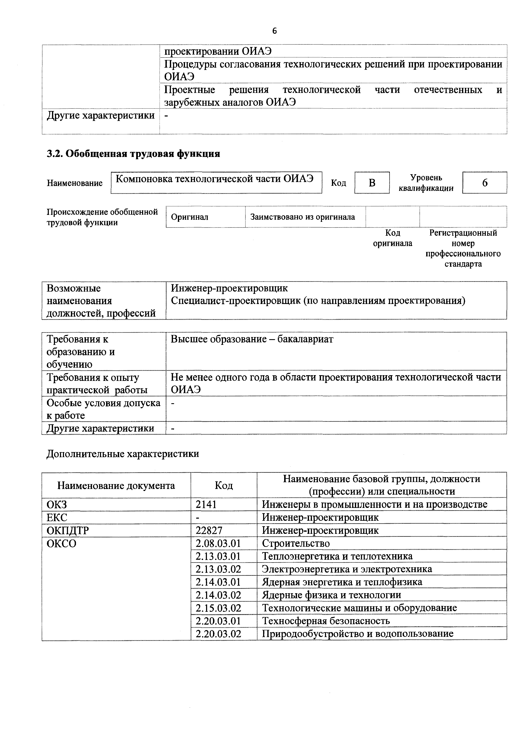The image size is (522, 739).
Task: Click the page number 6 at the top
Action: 274,31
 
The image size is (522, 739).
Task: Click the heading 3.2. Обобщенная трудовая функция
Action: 133,154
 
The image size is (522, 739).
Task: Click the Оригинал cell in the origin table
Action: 190,217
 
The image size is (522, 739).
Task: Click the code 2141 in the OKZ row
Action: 206,504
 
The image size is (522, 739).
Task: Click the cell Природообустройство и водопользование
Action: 357,634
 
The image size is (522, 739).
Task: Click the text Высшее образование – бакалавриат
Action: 252,339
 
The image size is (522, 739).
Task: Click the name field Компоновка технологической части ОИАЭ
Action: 214,179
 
